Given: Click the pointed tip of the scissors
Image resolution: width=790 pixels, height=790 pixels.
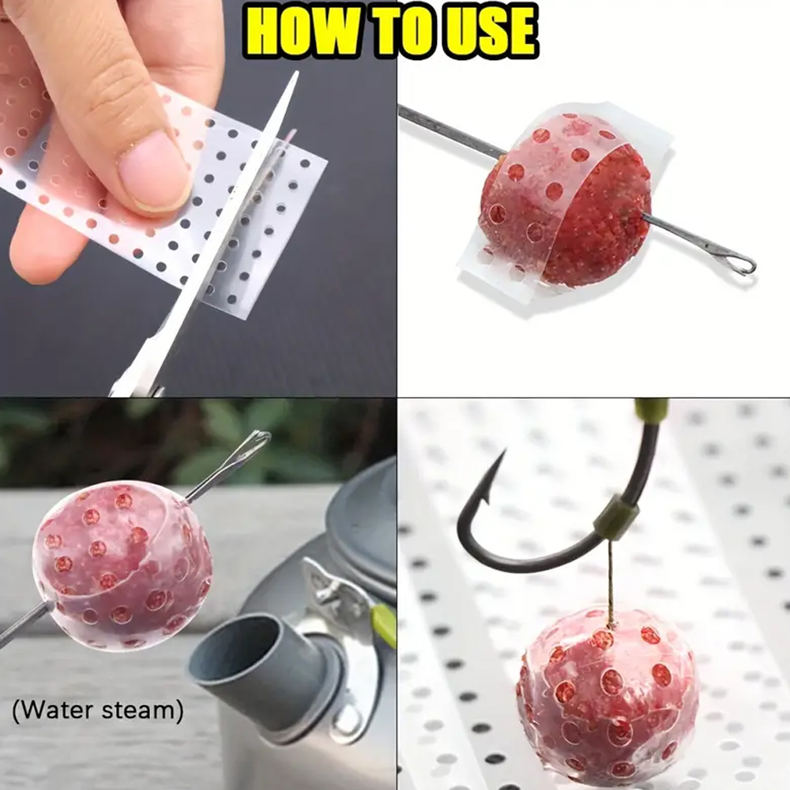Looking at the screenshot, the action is point(296,73).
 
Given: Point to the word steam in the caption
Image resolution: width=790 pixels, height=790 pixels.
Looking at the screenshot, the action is point(142,710).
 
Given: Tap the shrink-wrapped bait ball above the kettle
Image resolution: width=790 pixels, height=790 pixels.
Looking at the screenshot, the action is point(122,566).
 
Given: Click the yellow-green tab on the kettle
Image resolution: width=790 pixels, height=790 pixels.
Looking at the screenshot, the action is point(383,619).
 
